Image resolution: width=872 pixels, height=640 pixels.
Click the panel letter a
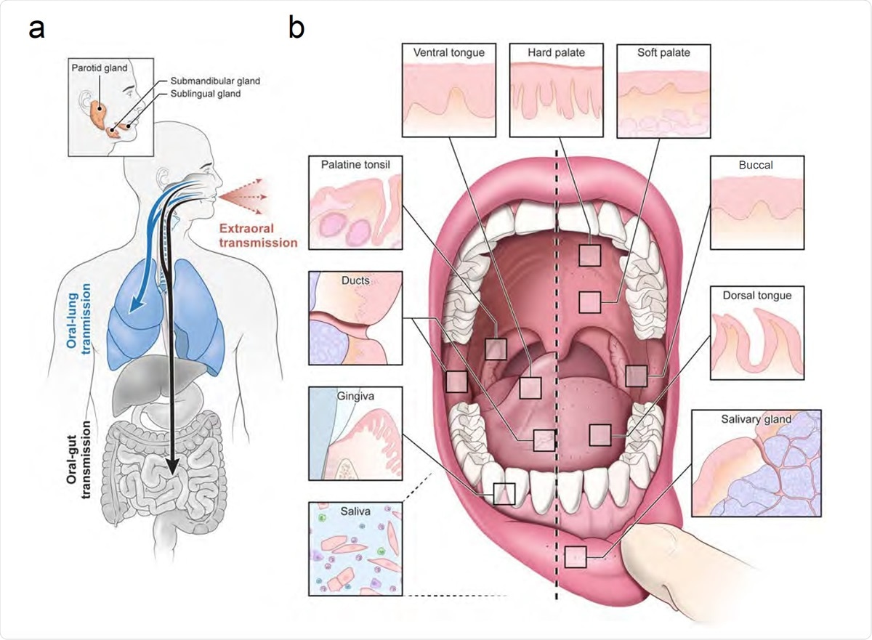(39, 30)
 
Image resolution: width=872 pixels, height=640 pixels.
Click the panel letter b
(297, 28)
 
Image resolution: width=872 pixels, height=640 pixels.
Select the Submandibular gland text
(214, 81)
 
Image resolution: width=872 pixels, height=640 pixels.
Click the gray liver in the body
(142, 378)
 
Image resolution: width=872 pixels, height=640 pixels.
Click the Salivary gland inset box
(756, 463)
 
